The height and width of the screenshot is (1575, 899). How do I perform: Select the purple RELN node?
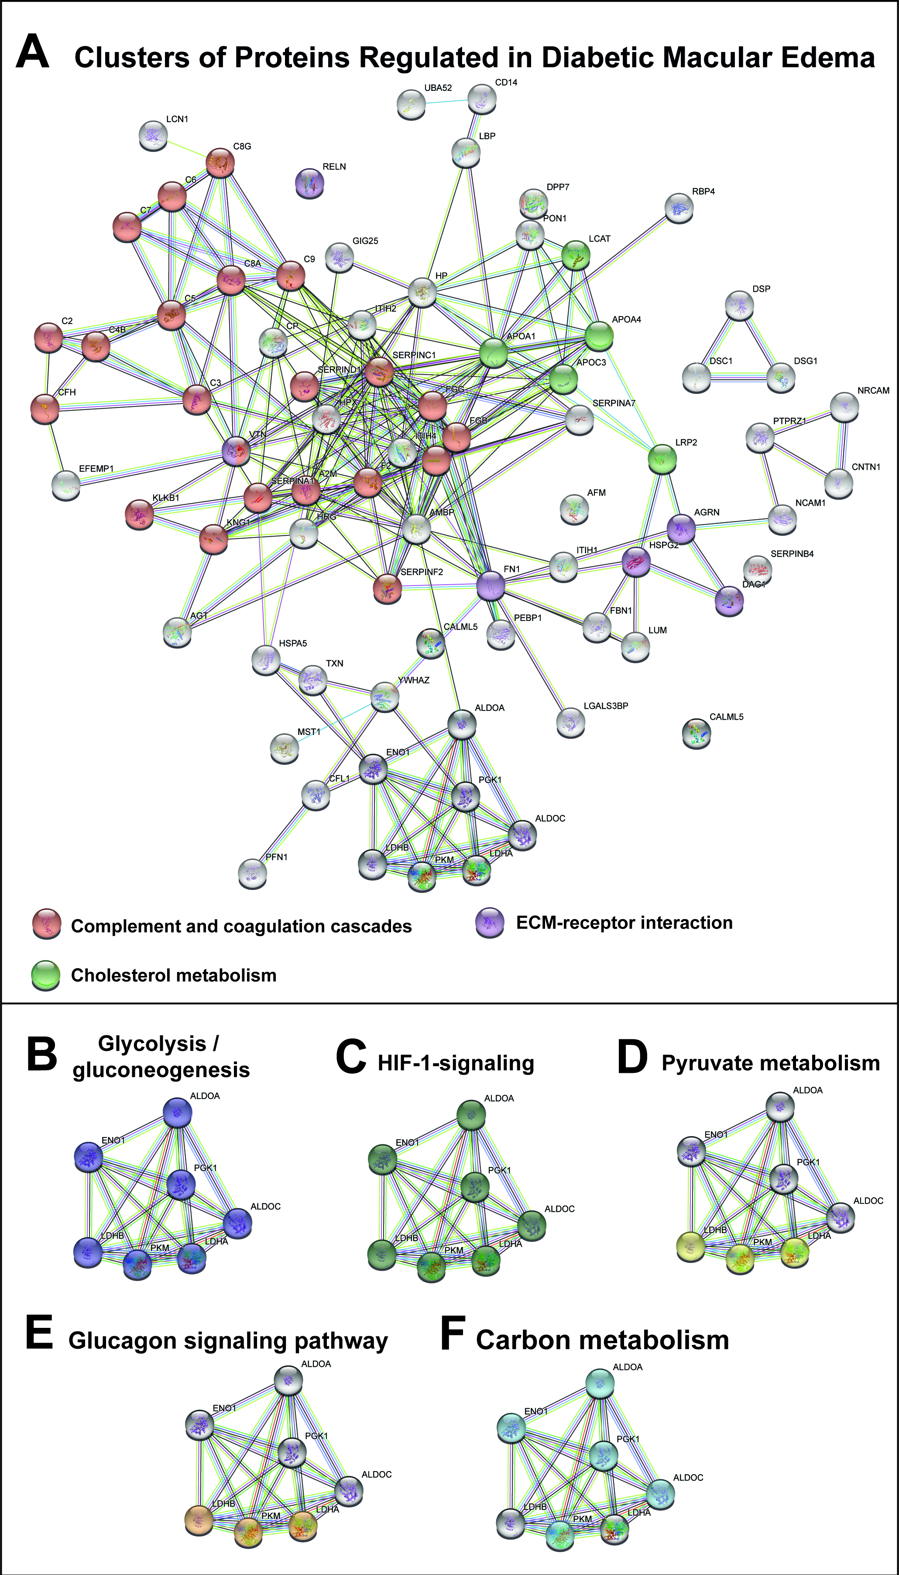[x=309, y=183]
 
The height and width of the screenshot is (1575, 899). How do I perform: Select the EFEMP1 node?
[x=65, y=485]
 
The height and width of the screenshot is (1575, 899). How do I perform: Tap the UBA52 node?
[x=411, y=104]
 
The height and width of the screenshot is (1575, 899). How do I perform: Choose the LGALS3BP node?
[x=570, y=721]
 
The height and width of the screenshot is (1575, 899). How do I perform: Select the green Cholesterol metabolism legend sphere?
[x=46, y=975]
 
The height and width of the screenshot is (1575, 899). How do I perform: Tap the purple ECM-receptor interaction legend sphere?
[x=490, y=923]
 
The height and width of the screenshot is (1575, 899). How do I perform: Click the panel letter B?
[x=42, y=1054]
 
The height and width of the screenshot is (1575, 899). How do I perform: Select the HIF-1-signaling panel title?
[x=456, y=1062]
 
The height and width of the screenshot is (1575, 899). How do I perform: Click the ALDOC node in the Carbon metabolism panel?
[x=660, y=1493]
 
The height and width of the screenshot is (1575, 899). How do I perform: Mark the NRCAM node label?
[x=873, y=390]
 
